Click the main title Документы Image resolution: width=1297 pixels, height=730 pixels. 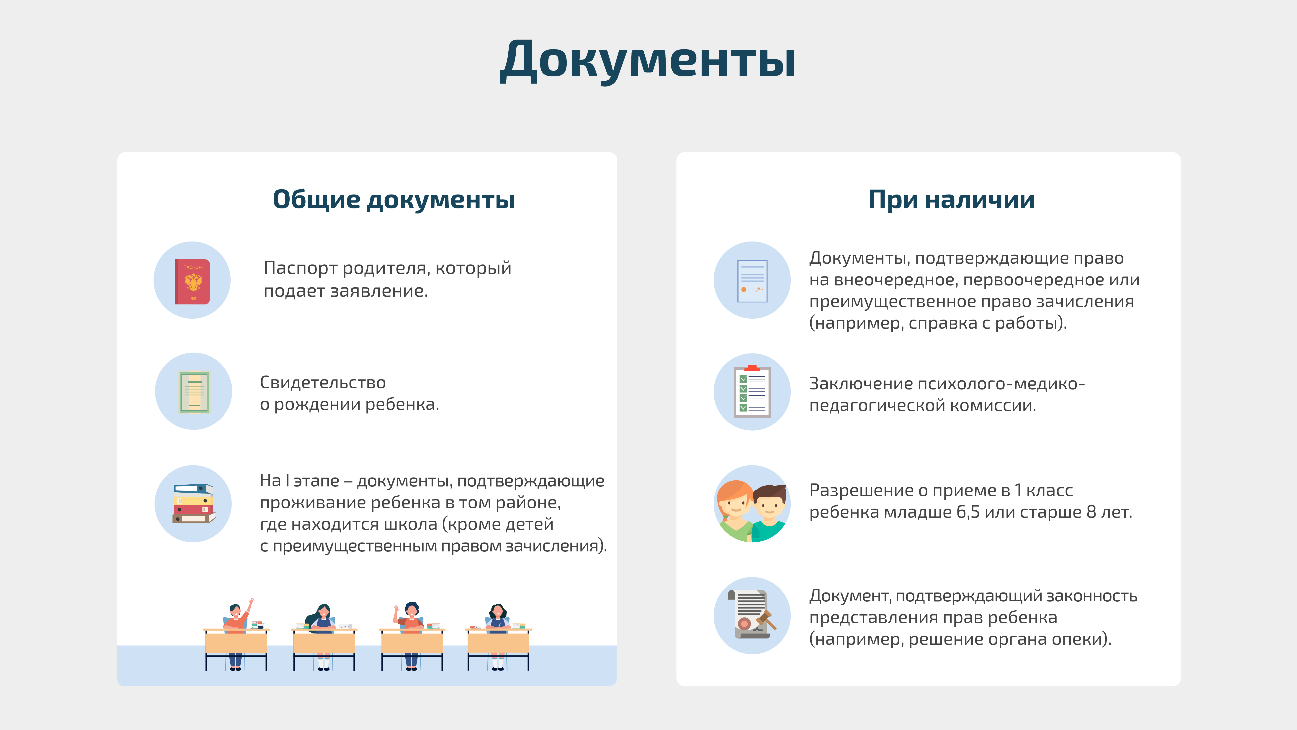(x=648, y=60)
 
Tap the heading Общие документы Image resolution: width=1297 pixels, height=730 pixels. (x=394, y=200)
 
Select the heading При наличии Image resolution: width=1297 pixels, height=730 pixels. (x=951, y=200)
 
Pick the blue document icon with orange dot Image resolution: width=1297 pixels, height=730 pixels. (x=752, y=281)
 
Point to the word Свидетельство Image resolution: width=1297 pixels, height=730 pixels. (x=323, y=382)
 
